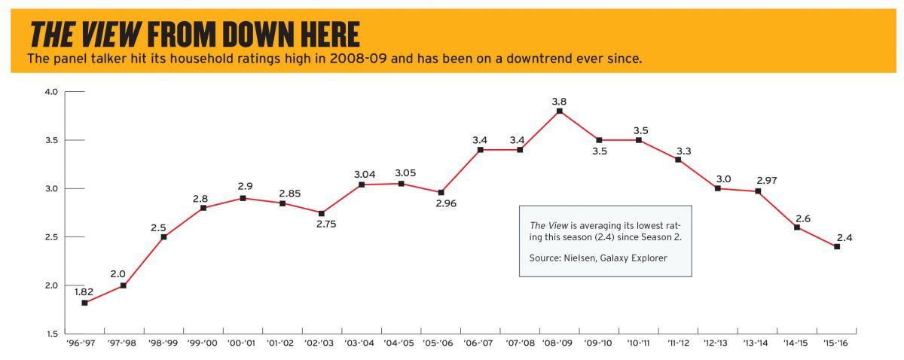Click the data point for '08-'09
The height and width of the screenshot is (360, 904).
pyautogui.click(x=559, y=111)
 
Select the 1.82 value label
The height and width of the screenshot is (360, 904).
pyautogui.click(x=84, y=290)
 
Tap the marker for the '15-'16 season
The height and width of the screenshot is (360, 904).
pyautogui.click(x=836, y=246)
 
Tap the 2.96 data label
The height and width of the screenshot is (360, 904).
pyautogui.click(x=441, y=204)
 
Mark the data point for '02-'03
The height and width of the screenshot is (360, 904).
pyautogui.click(x=322, y=213)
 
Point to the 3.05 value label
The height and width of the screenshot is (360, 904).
pyautogui.click(x=401, y=173)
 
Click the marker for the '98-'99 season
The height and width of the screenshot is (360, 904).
pyautogui.click(x=163, y=236)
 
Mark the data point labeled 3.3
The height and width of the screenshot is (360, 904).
pyautogui.click(x=678, y=160)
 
